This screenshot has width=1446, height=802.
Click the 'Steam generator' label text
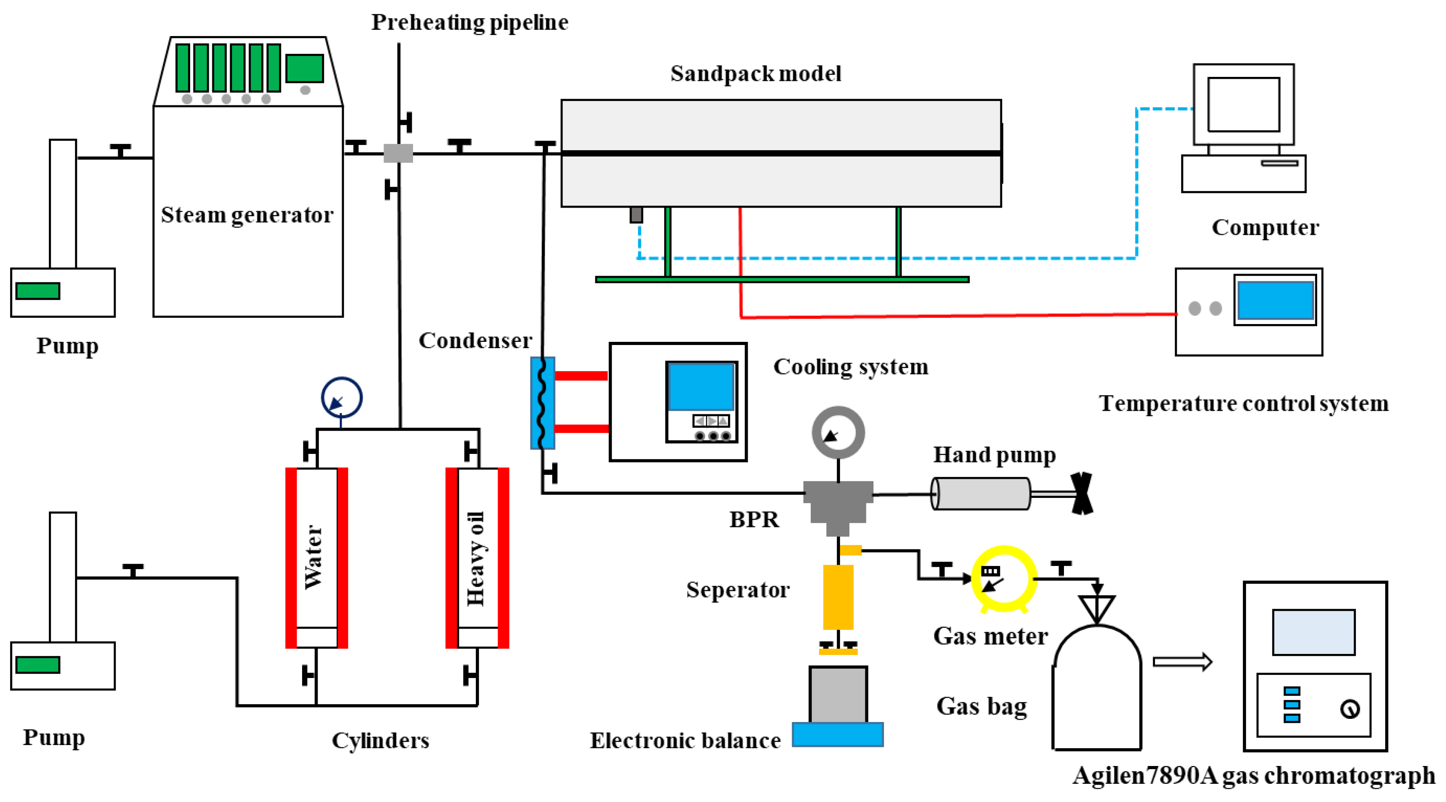(247, 215)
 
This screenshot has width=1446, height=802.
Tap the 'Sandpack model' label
(756, 73)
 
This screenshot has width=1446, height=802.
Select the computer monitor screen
(1243, 104)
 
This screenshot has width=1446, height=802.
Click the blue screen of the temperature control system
(1275, 300)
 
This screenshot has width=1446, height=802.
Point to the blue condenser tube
(542, 403)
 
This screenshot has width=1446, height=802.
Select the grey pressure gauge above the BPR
(838, 433)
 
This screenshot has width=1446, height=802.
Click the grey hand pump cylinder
(980, 493)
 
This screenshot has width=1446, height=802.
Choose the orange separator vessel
(838, 597)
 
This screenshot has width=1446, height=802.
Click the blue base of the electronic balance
(837, 734)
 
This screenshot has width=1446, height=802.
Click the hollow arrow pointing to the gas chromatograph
(1182, 662)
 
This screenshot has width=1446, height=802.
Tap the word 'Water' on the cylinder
(313, 557)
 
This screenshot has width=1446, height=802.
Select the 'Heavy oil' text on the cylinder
(475, 559)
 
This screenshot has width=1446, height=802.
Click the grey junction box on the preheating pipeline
(398, 153)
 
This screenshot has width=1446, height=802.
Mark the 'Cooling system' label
(850, 367)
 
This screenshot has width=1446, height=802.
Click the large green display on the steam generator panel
(304, 68)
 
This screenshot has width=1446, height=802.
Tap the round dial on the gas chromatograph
(1350, 709)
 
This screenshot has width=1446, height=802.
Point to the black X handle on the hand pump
(1082, 493)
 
